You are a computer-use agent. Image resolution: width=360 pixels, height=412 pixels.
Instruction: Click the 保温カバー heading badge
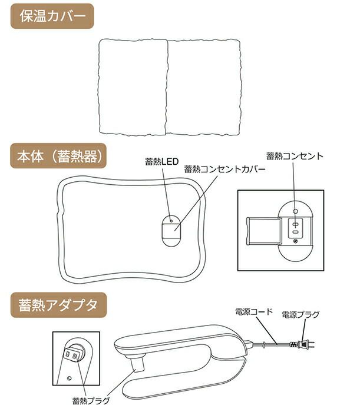coord(52,16)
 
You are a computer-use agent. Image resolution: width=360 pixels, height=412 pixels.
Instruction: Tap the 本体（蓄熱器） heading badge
coord(58,156)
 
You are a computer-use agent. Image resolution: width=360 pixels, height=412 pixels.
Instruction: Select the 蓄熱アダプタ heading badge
coord(58,305)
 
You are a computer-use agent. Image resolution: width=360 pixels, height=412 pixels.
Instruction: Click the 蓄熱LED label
coord(161,161)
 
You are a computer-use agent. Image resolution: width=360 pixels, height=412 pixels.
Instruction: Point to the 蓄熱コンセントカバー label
coord(224,170)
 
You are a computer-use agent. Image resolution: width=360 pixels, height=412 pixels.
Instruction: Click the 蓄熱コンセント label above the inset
coord(295,156)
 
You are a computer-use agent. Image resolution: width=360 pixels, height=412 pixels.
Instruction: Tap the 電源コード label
coord(255,312)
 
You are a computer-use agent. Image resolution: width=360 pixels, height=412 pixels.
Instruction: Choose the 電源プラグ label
coord(300,314)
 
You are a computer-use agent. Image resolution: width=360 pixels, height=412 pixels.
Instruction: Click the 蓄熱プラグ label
coord(91,401)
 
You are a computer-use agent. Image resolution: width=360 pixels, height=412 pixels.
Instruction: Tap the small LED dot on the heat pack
coord(171,221)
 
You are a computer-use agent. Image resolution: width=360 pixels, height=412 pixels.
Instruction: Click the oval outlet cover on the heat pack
coord(171,231)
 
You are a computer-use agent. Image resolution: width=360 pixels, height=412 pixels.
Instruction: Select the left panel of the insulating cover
coord(133,87)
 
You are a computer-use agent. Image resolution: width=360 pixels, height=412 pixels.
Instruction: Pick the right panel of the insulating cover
coord(203,87)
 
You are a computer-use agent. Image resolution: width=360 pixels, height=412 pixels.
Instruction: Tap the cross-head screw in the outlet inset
coord(295,241)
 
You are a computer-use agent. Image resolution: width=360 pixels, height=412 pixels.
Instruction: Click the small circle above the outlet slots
coord(295,211)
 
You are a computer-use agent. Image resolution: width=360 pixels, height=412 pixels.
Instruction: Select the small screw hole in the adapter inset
coord(70,378)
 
